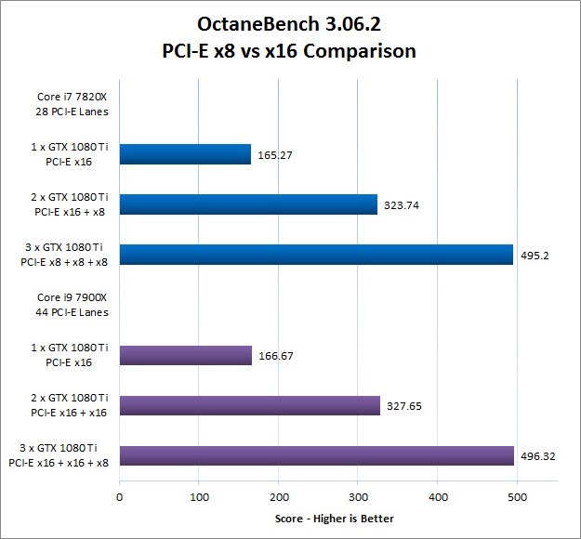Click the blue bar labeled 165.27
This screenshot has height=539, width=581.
(x=185, y=154)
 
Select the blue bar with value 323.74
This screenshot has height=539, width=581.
(x=248, y=204)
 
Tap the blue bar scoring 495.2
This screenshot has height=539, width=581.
(x=316, y=255)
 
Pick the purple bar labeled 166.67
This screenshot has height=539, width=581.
(x=186, y=355)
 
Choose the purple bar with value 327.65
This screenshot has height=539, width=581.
(x=249, y=405)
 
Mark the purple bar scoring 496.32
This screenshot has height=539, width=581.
(x=317, y=455)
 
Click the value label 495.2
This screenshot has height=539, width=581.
(x=534, y=255)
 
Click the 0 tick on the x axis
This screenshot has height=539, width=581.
(x=119, y=497)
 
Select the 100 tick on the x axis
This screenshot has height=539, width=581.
(x=198, y=497)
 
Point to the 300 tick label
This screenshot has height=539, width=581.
(x=357, y=497)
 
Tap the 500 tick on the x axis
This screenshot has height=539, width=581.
(x=515, y=497)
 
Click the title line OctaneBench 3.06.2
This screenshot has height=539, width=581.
(x=290, y=22)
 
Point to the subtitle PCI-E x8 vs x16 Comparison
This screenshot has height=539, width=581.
(x=290, y=50)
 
